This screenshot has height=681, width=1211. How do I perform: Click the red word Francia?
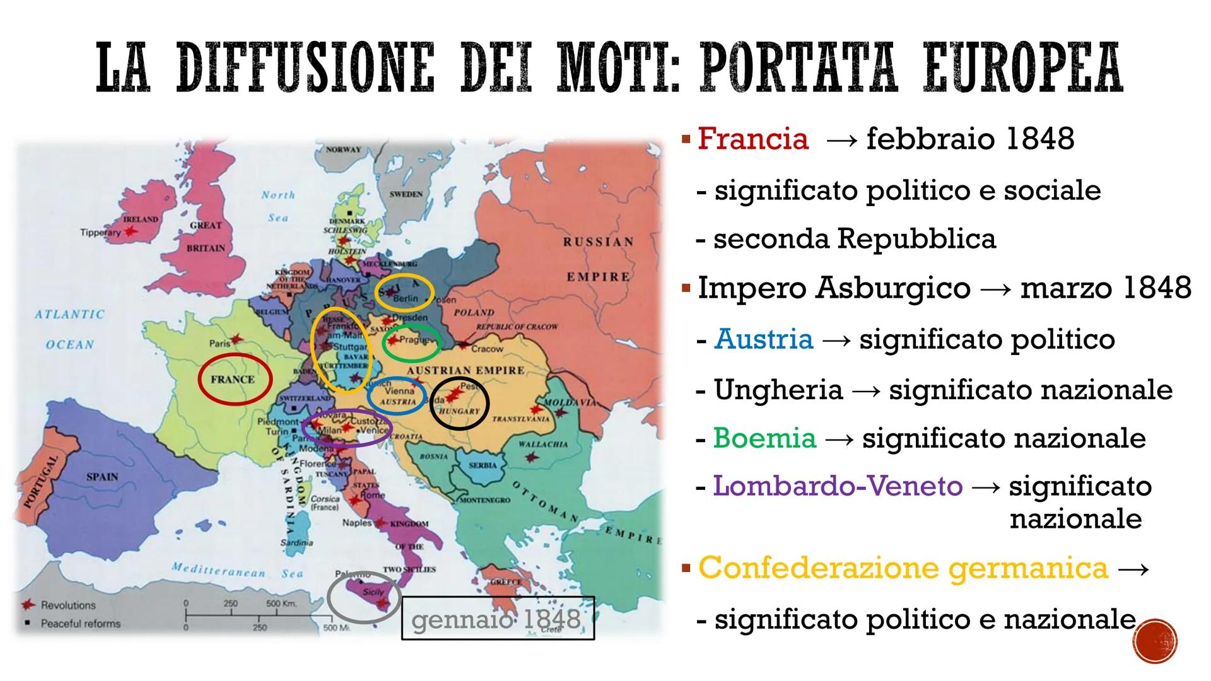752,139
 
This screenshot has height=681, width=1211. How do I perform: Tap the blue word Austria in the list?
764,339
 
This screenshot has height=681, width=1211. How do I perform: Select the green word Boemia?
764,438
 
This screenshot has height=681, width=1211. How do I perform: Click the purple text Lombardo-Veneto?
838,486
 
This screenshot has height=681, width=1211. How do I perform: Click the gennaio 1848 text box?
498,619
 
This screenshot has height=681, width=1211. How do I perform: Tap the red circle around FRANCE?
235,379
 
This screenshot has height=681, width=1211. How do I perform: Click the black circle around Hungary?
459,404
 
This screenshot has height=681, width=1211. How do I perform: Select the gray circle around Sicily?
364,597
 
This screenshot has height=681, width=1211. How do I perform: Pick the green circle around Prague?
411,343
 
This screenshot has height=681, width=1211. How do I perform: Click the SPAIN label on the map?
102,477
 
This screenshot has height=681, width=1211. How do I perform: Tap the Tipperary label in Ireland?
100,233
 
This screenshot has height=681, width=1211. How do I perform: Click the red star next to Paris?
237,339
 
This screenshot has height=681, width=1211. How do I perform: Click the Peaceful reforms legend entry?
80,624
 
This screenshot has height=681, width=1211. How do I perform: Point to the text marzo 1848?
1106,288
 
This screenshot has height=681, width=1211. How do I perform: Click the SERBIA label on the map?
483,465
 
